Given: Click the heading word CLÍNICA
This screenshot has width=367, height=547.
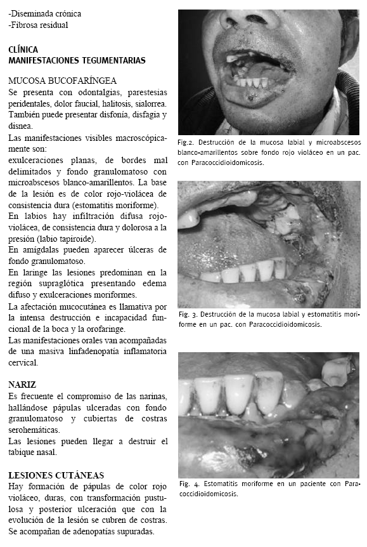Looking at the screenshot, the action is click(x=23, y=49).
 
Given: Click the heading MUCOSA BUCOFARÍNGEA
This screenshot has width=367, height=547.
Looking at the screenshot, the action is click(x=62, y=81).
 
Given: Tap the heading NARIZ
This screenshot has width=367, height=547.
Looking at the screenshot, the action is click(x=22, y=385).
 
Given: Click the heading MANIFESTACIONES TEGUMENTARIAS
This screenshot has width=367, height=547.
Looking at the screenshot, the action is click(x=77, y=60).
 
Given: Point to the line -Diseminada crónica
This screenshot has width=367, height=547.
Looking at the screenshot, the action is click(x=45, y=13).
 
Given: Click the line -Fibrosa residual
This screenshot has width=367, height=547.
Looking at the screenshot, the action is click(x=39, y=25).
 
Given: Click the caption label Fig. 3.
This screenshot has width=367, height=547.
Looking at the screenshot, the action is click(x=190, y=315).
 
